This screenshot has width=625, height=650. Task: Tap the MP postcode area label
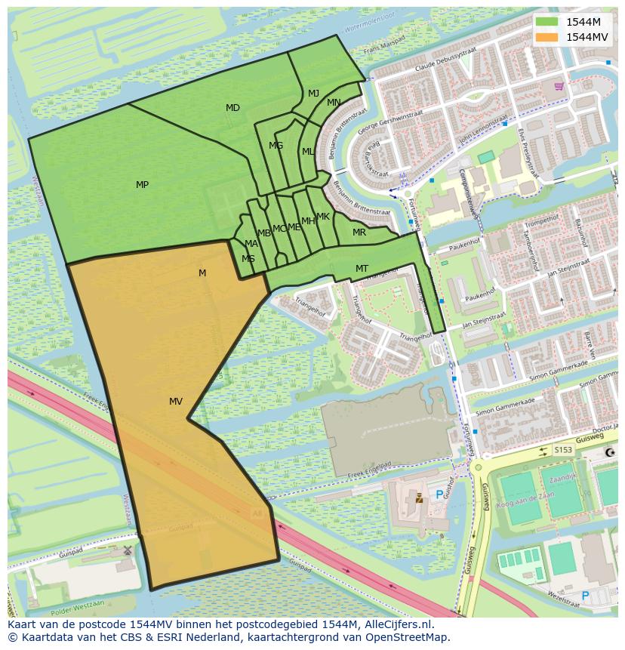pos(142,185)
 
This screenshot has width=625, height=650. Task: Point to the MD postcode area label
pos(232,108)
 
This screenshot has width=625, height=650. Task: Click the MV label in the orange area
pos(176,402)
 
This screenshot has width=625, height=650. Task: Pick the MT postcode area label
pos(362,269)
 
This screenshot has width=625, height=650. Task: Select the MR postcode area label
pos(359,233)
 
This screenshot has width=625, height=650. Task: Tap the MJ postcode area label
pos(313,94)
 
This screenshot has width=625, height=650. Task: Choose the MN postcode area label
pos(334,103)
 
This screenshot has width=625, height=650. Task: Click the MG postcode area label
pos(276,146)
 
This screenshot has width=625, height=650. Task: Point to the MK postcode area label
pos(323,217)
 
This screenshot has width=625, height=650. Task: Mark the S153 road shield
pos(563,450)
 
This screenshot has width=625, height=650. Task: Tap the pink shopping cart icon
pos(558,86)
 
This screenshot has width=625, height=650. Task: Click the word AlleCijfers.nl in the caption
pos(398,625)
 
